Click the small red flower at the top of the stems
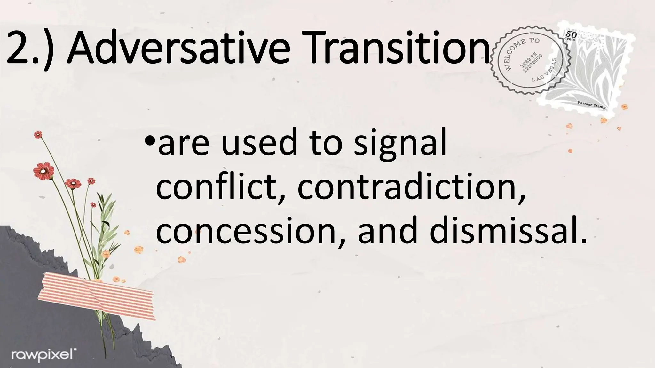(x=38, y=135)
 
